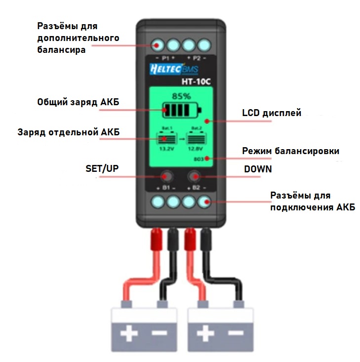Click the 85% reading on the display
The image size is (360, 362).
(181, 96)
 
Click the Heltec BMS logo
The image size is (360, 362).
(166, 70)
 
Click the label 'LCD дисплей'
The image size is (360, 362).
(271, 113)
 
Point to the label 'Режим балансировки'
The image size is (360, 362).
(290, 151)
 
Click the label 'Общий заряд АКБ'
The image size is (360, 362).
(78, 102)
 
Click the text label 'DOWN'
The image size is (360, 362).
(258, 169)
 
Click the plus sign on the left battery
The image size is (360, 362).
(129, 334)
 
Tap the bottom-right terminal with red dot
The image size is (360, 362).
(203, 201)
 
